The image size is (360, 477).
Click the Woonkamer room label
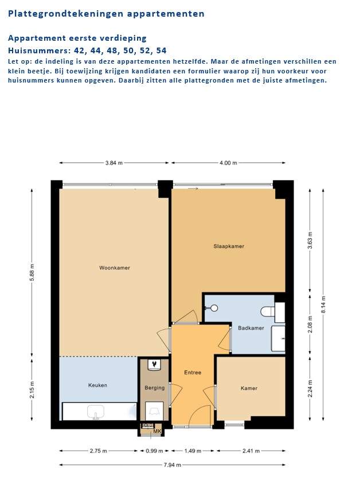pos(115,268)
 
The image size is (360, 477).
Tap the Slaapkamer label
pos(229,246)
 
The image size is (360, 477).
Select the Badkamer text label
pos(251,328)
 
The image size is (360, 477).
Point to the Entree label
pos(193,372)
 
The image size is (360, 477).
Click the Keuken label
pos(97,385)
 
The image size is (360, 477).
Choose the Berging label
pos(154,388)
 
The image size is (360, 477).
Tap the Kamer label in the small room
pos(249,388)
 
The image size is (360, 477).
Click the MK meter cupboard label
pos(157,431)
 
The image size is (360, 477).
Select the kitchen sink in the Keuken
pos(96,412)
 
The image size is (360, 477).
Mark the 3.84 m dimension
pos(114,163)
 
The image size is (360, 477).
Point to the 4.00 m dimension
pos(228,163)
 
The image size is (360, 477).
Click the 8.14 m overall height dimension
pos(323,304)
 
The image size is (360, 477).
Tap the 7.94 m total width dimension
pos(173,465)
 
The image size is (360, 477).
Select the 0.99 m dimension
pos(154,451)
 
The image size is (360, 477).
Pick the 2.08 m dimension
pos(310,324)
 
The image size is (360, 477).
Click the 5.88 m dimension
pos(32,272)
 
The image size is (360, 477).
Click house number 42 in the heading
pos(80,50)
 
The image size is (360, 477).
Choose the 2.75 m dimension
pos(98,451)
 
